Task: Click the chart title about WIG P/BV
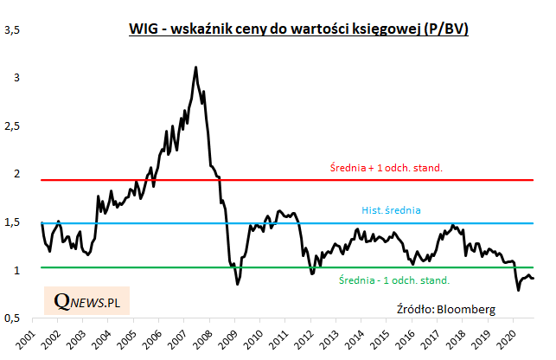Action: [x=299, y=30]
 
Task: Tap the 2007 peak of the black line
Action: [x=196, y=67]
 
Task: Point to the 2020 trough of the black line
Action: [x=518, y=290]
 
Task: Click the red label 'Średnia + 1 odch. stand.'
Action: [x=386, y=167]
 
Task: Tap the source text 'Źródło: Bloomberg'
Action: [x=446, y=308]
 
